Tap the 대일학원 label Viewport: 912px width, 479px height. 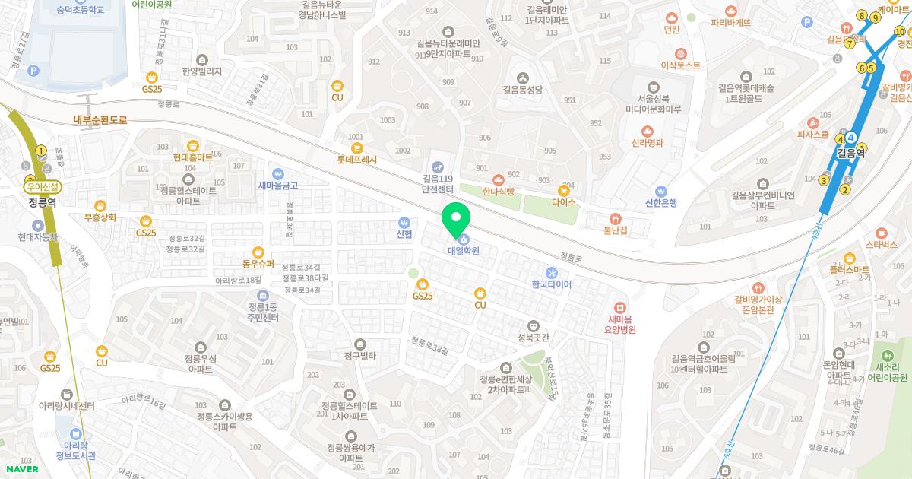[x=463, y=250]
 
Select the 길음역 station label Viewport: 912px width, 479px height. [x=850, y=152]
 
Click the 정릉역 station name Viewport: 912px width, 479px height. [x=43, y=202]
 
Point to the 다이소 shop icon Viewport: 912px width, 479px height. [x=564, y=189]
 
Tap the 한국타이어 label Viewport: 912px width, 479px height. [x=552, y=284]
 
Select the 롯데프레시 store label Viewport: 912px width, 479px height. [x=357, y=160]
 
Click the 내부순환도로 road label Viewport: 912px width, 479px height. [x=100, y=120]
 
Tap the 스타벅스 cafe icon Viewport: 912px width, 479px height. [x=882, y=232]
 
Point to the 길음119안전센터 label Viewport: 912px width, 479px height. [x=437, y=184]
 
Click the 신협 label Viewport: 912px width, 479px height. [x=404, y=234]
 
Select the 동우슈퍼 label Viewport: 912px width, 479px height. [x=258, y=264]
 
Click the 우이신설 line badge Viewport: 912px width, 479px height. [x=43, y=186]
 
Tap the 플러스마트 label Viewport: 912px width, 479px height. [x=849, y=270]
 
